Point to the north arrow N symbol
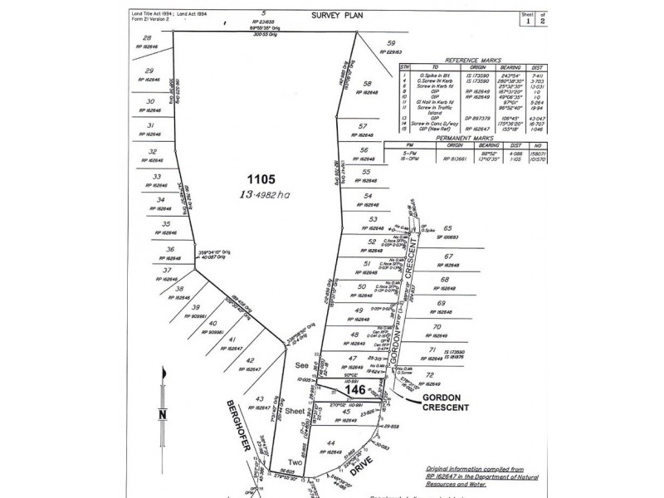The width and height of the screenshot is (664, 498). click(164, 414)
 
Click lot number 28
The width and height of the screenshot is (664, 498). click(148, 39)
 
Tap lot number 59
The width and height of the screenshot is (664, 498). click(392, 44)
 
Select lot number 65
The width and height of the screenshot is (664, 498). click(447, 228)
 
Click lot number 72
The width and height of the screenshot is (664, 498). click(429, 375)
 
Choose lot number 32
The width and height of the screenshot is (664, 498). click(152, 152)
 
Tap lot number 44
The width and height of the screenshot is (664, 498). click(330, 443)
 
